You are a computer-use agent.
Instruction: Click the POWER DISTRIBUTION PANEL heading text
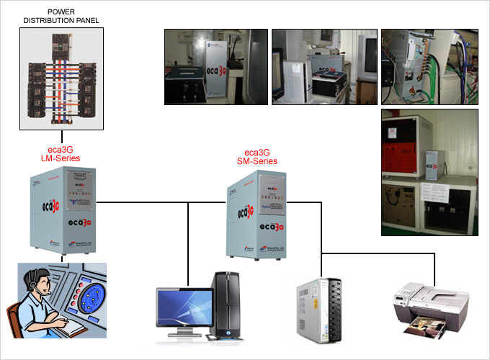(x=61, y=16)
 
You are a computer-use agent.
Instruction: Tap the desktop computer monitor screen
(x=184, y=310)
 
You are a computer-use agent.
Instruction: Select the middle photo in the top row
(x=324, y=67)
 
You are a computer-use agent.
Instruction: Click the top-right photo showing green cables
(x=429, y=67)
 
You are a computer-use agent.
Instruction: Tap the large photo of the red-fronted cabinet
(x=429, y=172)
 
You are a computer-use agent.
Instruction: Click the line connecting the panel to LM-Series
(x=61, y=138)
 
